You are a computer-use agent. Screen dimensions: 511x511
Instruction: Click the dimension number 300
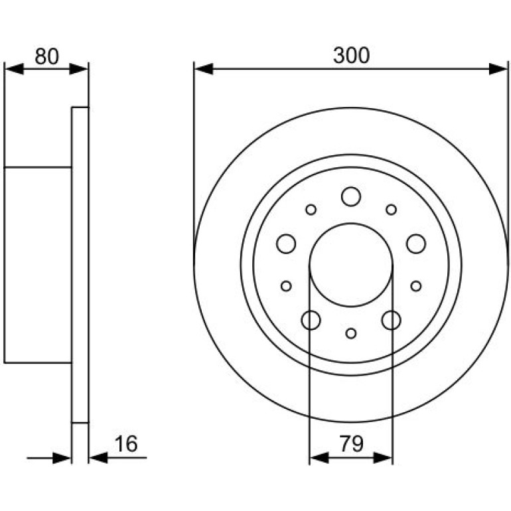[x=351, y=55]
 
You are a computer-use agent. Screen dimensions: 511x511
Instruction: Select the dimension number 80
[x=47, y=56]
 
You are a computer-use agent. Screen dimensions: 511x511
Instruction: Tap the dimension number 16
[x=126, y=443]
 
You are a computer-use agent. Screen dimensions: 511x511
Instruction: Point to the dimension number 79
[x=351, y=443]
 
